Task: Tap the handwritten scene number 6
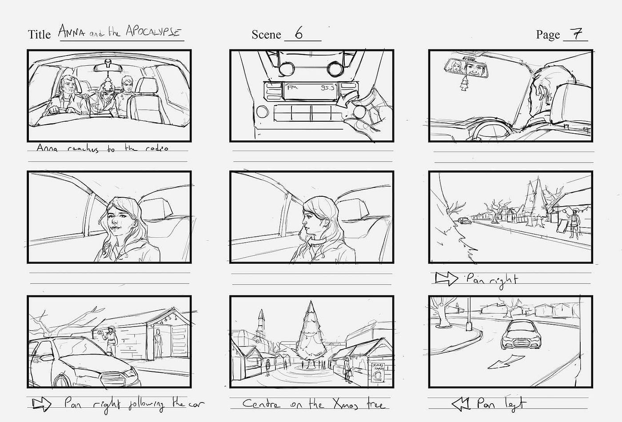299,34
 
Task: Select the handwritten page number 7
576,34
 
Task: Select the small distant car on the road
464,220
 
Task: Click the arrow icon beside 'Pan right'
446,279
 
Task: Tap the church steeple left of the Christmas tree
261,322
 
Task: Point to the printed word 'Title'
40,35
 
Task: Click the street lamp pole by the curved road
468,313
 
